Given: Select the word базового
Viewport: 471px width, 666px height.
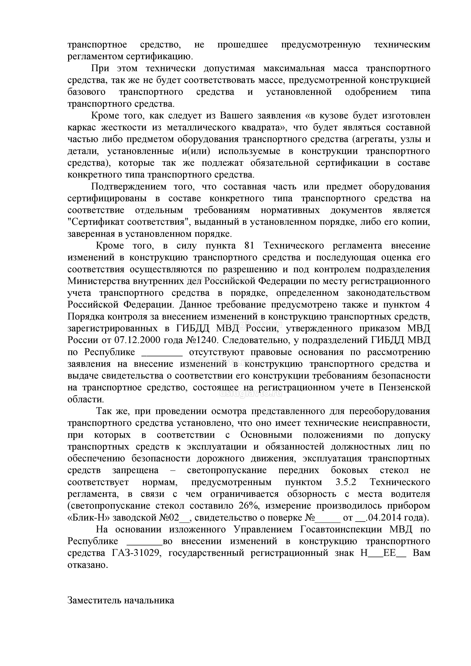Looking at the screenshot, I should [86, 92].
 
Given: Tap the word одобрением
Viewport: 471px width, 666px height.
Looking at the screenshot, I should [371, 92].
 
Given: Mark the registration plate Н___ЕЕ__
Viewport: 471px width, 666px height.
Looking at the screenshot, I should [383, 553].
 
